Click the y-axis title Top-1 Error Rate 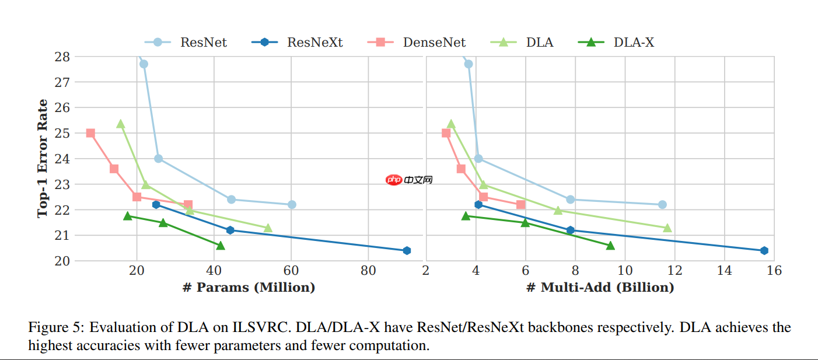pyautogui.click(x=43, y=159)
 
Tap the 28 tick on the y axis pyautogui.click(x=63, y=57)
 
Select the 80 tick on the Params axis pyautogui.click(x=368, y=271)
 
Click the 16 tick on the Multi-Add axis pyautogui.click(x=774, y=271)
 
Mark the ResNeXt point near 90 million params pyautogui.click(x=407, y=250)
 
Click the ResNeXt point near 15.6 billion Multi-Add pyautogui.click(x=764, y=250)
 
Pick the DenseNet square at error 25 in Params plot pyautogui.click(x=90, y=133)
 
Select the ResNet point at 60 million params pyautogui.click(x=292, y=204)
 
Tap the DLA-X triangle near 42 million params pyautogui.click(x=221, y=246)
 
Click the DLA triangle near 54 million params pyautogui.click(x=268, y=228)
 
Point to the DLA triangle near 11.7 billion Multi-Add pyautogui.click(x=667, y=228)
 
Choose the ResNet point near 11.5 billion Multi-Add pyautogui.click(x=662, y=204)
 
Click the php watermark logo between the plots pyautogui.click(x=394, y=180)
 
